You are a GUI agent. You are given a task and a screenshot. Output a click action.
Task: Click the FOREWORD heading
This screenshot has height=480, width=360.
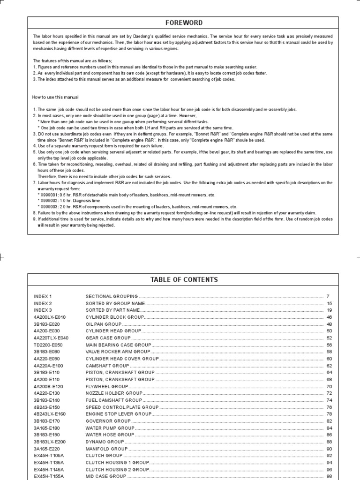tap(184, 22)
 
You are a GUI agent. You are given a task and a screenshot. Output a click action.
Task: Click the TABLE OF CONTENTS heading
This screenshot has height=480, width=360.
tap(184, 279)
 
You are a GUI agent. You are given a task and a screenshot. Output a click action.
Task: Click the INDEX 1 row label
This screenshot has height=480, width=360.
tap(43, 296)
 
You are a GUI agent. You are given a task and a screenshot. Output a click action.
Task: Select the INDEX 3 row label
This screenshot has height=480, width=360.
tap(43, 310)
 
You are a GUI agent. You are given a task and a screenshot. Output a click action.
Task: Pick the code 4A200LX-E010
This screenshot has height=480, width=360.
tap(49, 317)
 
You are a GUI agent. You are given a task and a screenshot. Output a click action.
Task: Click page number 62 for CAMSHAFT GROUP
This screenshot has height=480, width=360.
tap(329, 366)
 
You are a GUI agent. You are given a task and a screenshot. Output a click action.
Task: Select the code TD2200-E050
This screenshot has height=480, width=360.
tap(48, 345)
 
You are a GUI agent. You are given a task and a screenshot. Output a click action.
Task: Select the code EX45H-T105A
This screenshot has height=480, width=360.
tap(49, 456)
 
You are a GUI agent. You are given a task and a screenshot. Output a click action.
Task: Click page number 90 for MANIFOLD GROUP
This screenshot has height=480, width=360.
tap(329, 449)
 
